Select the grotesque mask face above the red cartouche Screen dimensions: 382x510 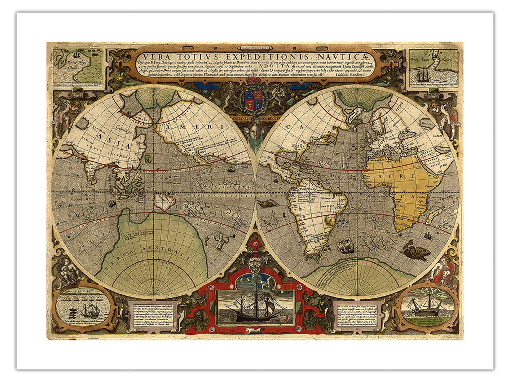(x=255, y=266)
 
